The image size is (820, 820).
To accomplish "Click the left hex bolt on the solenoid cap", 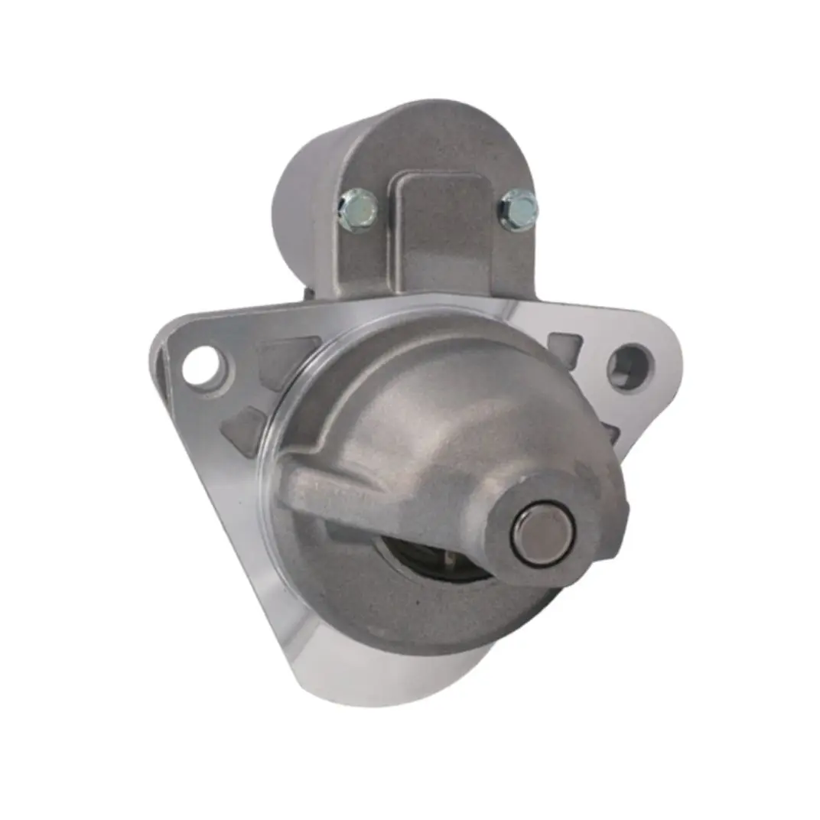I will click(x=357, y=209).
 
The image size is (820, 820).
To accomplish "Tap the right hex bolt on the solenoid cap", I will click(x=519, y=209).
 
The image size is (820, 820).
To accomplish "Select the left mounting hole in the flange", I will click(x=203, y=366).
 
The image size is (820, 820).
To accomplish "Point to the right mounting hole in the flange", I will click(x=630, y=367).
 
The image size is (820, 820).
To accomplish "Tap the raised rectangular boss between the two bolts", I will click(x=438, y=229).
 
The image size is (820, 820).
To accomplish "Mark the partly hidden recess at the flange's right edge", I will click(x=611, y=432).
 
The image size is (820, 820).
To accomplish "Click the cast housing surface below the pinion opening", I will click(x=428, y=620).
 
